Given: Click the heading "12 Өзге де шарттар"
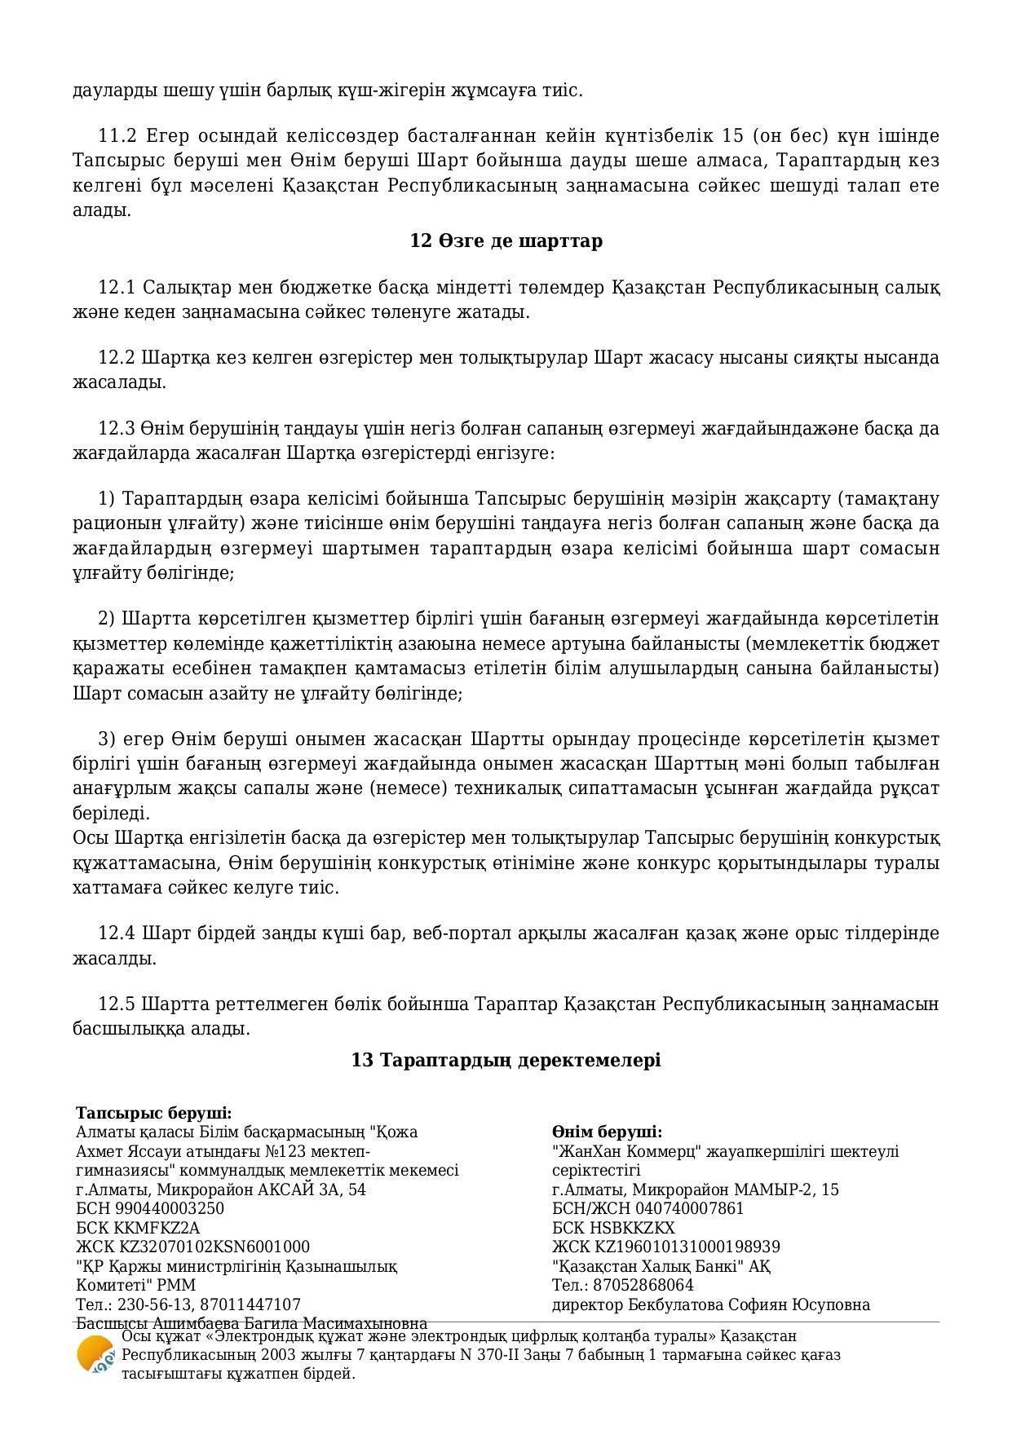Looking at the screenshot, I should tap(506, 241).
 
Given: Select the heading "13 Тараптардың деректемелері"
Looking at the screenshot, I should tap(506, 1060).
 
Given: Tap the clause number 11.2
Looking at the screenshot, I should tap(117, 135).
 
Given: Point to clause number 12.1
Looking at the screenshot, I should tap(117, 288).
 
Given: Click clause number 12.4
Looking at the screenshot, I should tap(117, 933).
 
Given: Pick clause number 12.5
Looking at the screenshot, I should tap(117, 1004).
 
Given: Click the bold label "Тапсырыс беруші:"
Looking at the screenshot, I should tap(154, 1114).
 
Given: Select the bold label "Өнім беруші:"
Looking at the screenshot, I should tap(607, 1132).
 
